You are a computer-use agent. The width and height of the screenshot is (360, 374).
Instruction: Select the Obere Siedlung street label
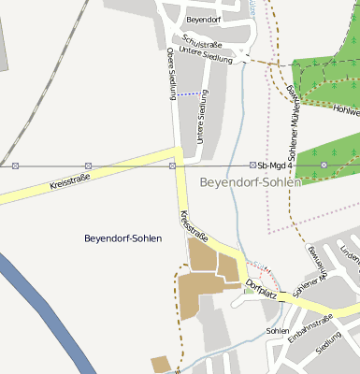[x=171, y=73]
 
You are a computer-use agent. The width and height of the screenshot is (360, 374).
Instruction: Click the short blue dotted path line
[x=190, y=93]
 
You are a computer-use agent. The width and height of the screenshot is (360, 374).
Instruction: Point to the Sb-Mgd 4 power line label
[x=276, y=165]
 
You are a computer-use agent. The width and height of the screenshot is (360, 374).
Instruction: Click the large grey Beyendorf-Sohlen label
[x=250, y=181]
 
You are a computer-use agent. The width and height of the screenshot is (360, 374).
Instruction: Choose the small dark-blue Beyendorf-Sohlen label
[x=122, y=238]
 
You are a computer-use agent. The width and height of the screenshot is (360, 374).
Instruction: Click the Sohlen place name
[x=278, y=331]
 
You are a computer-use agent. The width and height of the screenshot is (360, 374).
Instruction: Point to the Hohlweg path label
[x=345, y=111]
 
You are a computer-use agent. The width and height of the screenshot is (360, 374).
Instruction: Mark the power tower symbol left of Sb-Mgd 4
[x=252, y=165]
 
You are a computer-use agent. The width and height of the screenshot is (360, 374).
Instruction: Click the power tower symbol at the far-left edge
[x=15, y=165]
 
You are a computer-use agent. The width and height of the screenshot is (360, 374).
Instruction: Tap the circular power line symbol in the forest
[x=324, y=165]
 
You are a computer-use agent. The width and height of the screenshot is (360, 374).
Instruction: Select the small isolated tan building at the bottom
[x=161, y=363]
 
